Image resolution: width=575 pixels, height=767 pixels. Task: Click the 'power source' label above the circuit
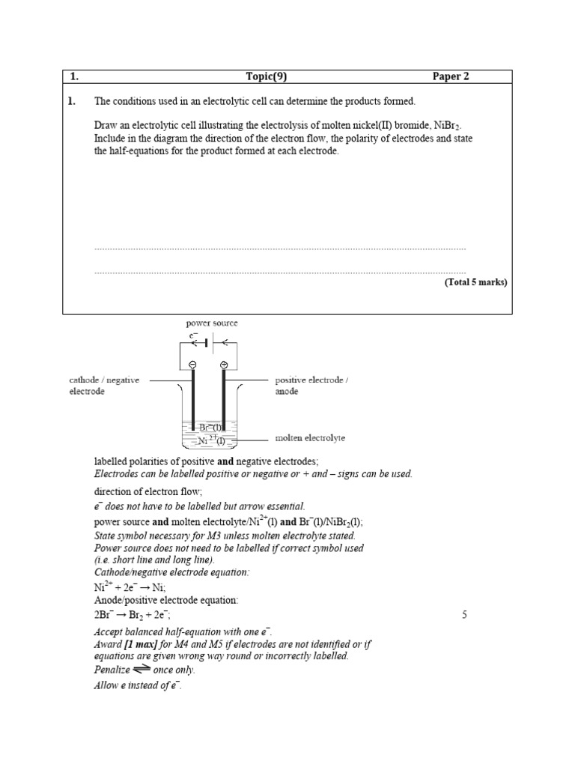pos(212,323)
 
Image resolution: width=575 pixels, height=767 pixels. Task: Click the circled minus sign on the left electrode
pos(192,365)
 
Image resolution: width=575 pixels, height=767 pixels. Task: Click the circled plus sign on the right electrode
pos(224,365)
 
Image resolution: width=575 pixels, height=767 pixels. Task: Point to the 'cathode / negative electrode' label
pos(104,385)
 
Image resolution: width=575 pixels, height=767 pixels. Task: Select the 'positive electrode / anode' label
pos(311,385)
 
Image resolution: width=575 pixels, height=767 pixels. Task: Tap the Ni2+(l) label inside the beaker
pos(212,440)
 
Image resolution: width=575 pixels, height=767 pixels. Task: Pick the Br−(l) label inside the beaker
pos(213,428)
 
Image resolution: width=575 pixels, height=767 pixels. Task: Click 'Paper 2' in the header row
pos(451,76)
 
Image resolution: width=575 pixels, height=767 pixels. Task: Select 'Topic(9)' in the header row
pos(267,76)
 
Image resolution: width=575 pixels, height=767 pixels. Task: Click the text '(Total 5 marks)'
pos(475,282)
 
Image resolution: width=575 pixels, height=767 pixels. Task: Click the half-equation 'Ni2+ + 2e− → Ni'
pos(124,588)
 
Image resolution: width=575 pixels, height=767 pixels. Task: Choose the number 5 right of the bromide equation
pos(465,615)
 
